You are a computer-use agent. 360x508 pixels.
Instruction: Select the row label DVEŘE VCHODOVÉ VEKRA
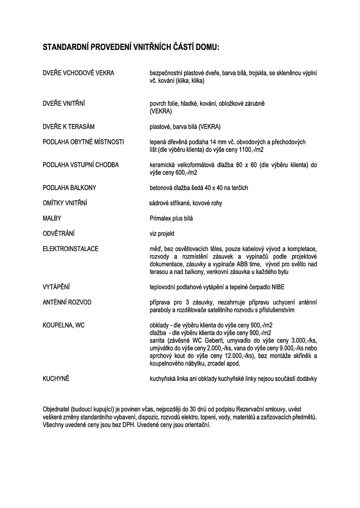tap(78, 73)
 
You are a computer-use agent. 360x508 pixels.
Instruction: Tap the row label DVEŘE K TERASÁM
tap(69, 127)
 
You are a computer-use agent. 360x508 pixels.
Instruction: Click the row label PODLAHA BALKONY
tap(69, 188)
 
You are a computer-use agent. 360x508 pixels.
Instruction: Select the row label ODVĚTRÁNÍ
tap(59, 234)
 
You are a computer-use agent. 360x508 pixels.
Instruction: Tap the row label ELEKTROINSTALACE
tap(71, 249)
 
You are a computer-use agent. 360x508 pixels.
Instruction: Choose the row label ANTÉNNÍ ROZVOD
tap(67, 302)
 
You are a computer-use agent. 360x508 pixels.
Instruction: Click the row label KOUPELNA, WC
tap(63, 325)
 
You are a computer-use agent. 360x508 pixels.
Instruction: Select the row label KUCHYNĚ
tap(56, 378)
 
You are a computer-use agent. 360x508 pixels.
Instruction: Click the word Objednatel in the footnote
tap(56, 410)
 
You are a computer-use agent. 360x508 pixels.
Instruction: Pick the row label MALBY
tap(52, 218)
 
